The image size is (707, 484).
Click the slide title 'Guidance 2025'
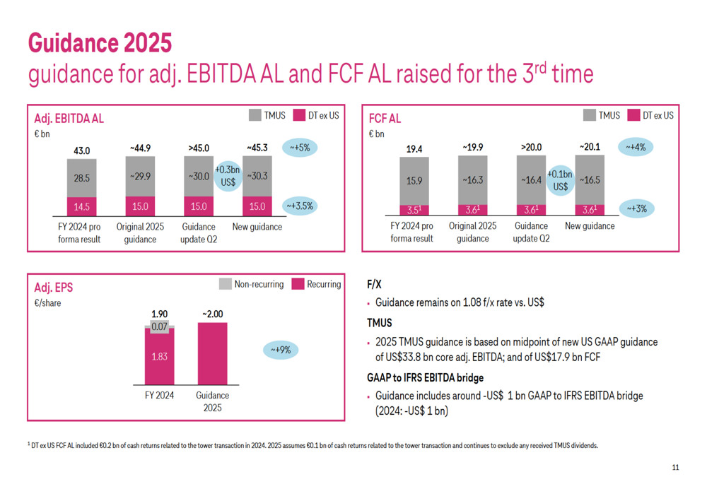coord(100,43)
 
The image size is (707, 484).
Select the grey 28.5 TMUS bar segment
coord(82,178)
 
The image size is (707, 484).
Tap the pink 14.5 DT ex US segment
coord(82,207)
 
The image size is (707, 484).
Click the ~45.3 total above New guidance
coord(257,148)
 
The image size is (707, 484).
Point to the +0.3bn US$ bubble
coord(228,176)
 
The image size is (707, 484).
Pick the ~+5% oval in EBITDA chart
coord(300,148)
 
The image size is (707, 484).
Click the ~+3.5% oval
coord(300,206)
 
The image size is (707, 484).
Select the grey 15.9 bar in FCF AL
coord(414,180)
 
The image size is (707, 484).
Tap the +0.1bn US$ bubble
coord(560,180)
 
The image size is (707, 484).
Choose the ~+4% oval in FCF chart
coord(635,148)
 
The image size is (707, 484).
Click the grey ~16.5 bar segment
coord(590,180)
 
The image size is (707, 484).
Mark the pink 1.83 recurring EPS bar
coord(160,357)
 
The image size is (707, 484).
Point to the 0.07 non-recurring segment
coord(160,327)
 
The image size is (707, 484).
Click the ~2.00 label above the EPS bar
coord(212,314)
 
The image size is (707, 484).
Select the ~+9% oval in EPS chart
coord(281,350)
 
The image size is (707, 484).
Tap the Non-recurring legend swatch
coord(225,284)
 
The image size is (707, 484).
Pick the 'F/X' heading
coord(374,284)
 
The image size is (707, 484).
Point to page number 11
coord(675,468)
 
